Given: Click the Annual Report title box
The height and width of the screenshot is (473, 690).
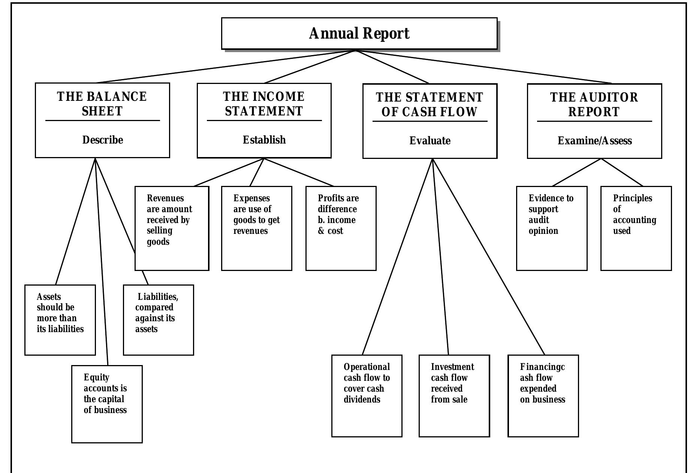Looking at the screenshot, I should (359, 33).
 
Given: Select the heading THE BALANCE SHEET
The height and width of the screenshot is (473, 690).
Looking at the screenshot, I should (102, 104).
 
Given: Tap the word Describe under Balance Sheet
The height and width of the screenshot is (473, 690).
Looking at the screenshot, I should (102, 140).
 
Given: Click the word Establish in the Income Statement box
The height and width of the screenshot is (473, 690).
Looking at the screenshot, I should (264, 140).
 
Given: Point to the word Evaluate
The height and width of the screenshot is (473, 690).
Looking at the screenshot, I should (430, 141).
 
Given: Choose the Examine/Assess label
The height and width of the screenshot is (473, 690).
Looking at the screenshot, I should (594, 141).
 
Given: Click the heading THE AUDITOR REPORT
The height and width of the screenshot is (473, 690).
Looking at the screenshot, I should (594, 105).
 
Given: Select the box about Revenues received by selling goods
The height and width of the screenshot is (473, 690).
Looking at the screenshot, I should (172, 228).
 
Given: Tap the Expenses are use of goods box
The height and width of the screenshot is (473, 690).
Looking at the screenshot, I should (256, 228).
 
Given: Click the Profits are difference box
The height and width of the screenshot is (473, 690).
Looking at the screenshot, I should (341, 228).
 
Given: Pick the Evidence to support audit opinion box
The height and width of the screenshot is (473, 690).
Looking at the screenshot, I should (551, 228).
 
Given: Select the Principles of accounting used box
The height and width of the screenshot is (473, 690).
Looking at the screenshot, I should (636, 228).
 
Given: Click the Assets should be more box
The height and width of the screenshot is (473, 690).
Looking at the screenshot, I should (60, 319).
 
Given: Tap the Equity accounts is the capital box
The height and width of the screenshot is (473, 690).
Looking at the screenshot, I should (107, 404).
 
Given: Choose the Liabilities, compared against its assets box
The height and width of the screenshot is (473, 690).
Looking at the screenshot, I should (158, 319).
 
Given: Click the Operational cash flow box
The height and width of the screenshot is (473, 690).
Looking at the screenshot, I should (367, 395).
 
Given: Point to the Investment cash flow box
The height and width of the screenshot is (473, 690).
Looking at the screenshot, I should (454, 395).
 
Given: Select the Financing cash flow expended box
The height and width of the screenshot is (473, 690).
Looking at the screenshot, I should (543, 395).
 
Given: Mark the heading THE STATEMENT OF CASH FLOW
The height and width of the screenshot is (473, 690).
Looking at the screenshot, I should (430, 105).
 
